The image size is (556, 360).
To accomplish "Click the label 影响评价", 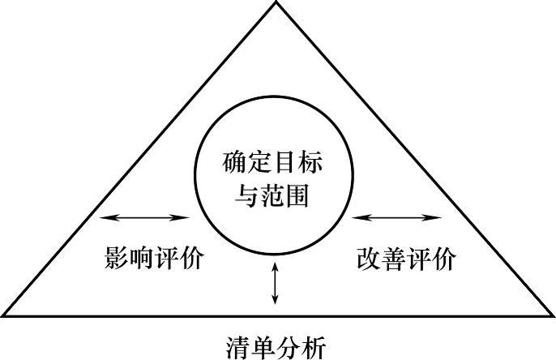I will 153,259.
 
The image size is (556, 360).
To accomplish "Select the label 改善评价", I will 405,259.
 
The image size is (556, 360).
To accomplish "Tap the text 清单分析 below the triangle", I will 276,347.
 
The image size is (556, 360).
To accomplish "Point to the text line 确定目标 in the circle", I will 273,164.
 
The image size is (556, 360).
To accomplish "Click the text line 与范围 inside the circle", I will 273,195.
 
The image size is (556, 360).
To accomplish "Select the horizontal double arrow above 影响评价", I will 145,217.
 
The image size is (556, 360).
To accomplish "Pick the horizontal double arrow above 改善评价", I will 397,217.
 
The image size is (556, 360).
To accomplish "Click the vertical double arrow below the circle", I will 276,283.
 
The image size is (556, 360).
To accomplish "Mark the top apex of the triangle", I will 278,3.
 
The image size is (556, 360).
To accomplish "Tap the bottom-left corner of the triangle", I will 3,315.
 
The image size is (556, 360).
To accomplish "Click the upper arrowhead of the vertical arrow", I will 276,264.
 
